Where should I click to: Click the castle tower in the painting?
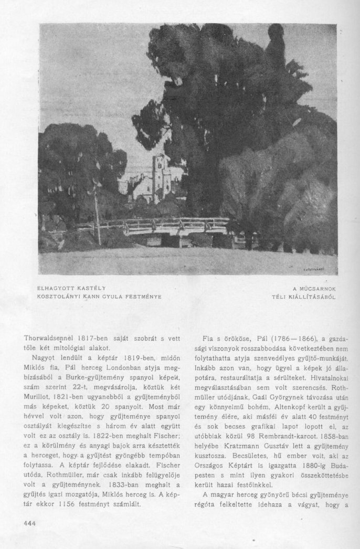pos(161,176)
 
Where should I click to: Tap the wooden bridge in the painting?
pos(163,227)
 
